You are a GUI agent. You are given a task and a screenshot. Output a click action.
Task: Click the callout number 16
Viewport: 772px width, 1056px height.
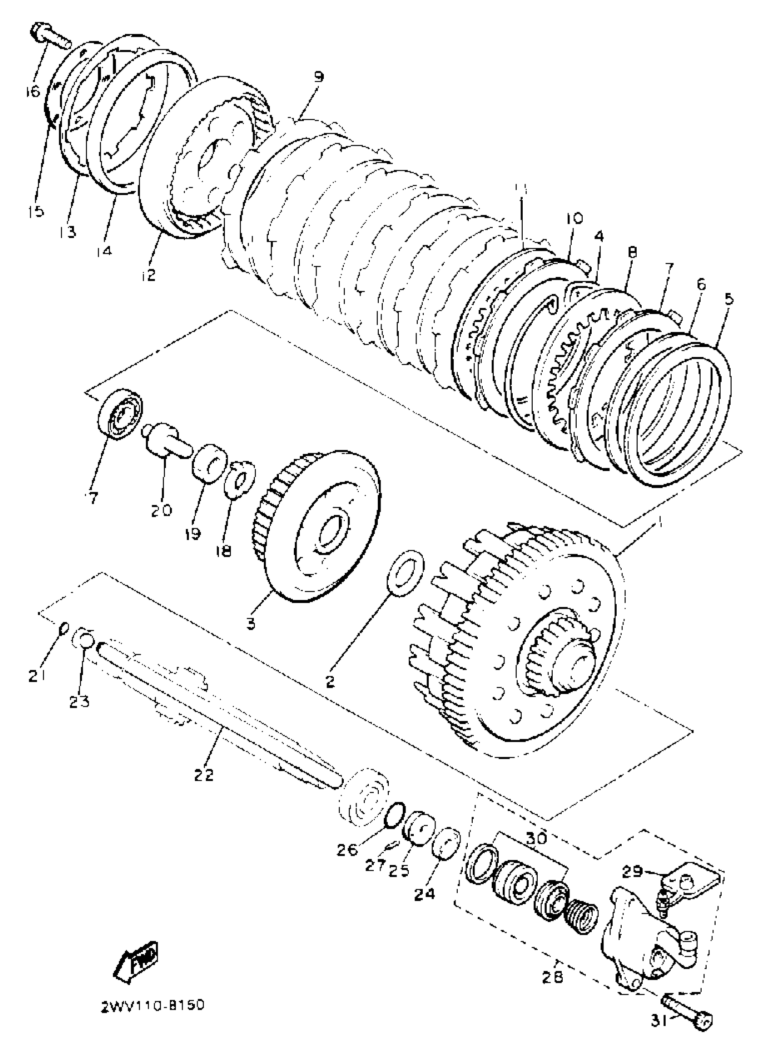coord(33,91)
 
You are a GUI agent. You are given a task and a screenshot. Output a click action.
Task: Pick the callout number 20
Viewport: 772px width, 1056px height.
coord(161,510)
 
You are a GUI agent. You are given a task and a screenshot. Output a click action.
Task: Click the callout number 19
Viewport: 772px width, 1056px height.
coord(192,533)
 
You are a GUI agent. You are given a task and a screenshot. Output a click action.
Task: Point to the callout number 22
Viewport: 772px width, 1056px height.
coord(204,775)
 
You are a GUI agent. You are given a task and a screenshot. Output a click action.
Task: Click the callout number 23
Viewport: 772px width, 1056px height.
coord(79,702)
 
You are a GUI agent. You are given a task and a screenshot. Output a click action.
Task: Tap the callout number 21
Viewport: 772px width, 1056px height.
coord(36,676)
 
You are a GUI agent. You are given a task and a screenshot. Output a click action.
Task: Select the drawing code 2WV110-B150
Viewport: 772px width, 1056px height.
coord(152,1006)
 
